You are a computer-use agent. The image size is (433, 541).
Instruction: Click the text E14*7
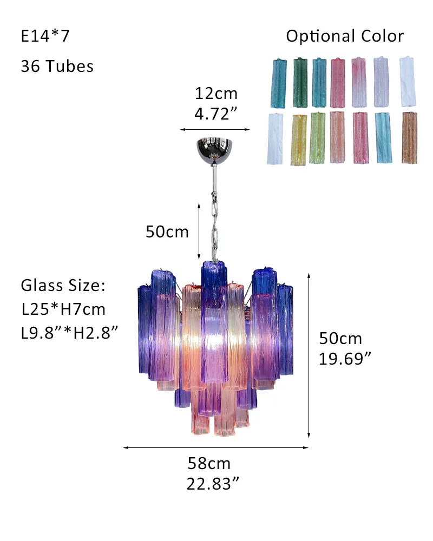[x=45, y=36]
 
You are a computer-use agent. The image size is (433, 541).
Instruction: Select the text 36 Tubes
[x=57, y=67]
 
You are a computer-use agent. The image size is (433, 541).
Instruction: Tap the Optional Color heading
[x=345, y=36]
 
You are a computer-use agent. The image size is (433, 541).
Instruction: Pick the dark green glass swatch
[x=300, y=82]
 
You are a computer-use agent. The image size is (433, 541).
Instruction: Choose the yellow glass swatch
[x=298, y=139]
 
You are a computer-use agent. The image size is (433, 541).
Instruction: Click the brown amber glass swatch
[x=410, y=137]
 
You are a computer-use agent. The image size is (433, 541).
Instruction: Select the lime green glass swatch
[x=317, y=138]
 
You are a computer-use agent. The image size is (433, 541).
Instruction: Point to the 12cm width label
[x=216, y=94]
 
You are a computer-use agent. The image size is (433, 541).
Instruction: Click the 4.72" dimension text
[x=216, y=114]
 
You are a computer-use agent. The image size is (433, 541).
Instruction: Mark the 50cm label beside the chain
[x=167, y=232]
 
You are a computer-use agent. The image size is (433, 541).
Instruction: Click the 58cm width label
[x=209, y=464]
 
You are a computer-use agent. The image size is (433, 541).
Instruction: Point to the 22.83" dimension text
[x=213, y=484]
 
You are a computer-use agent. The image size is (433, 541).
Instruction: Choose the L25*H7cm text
[x=63, y=309]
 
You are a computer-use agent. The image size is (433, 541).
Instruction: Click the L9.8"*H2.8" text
[x=69, y=333]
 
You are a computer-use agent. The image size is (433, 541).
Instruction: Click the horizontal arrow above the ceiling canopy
[x=215, y=130]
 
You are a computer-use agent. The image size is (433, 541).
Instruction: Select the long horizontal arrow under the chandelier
[x=215, y=447]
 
